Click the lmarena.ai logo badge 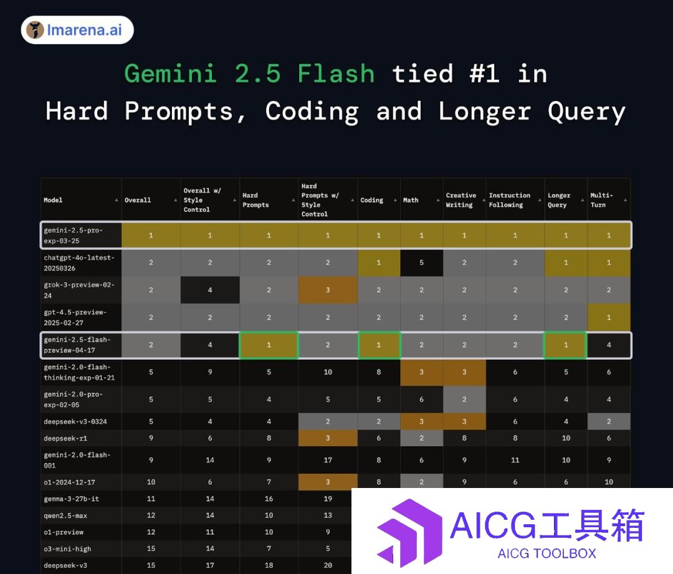tap(77, 30)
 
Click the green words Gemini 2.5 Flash tap(249, 74)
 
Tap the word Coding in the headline tap(312, 112)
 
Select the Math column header tap(411, 200)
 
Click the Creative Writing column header tap(461, 200)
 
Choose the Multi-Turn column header tap(602, 200)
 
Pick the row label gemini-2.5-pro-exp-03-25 tap(74, 235)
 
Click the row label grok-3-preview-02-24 tap(79, 290)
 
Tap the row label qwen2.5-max tap(65, 515)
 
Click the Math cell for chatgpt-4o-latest tap(421, 263)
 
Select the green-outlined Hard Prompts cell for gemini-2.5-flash tap(269, 345)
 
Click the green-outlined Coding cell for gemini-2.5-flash tap(379, 345)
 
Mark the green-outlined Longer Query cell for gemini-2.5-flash tap(566, 345)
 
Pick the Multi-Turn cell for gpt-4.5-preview tap(609, 318)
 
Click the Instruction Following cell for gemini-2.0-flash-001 tap(515, 460)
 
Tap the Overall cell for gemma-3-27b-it tap(151, 499)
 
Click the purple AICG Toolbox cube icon tap(409, 533)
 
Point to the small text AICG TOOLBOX tap(547, 553)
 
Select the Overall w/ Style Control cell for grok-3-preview tap(210, 290)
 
